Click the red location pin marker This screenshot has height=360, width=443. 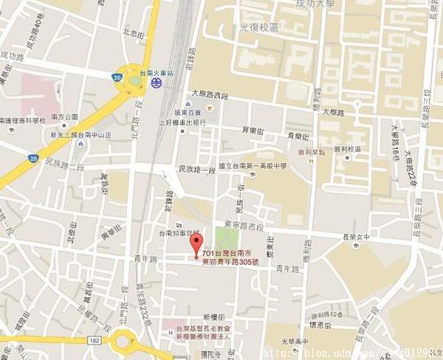point(196,256)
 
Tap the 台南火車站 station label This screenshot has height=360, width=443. point(156,74)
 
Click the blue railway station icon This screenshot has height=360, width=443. point(156,84)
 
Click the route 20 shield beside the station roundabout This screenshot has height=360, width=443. point(117,76)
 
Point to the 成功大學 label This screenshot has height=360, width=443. point(315,5)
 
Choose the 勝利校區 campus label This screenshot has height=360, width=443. point(346,149)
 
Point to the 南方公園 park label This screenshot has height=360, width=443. point(64,117)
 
